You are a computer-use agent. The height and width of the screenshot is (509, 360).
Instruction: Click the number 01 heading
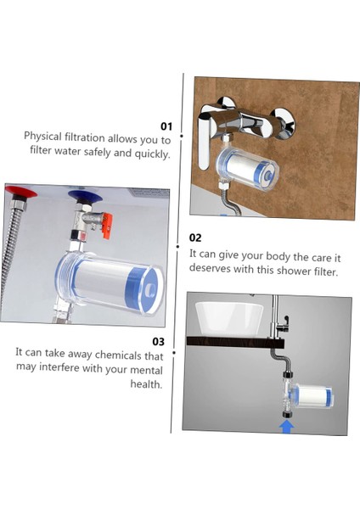pos(166,126)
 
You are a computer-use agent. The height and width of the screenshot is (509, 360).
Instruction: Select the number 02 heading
pos(195,238)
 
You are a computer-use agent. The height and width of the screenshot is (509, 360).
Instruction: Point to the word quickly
pos(149,154)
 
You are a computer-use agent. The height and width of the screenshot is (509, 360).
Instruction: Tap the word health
pos(146,383)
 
